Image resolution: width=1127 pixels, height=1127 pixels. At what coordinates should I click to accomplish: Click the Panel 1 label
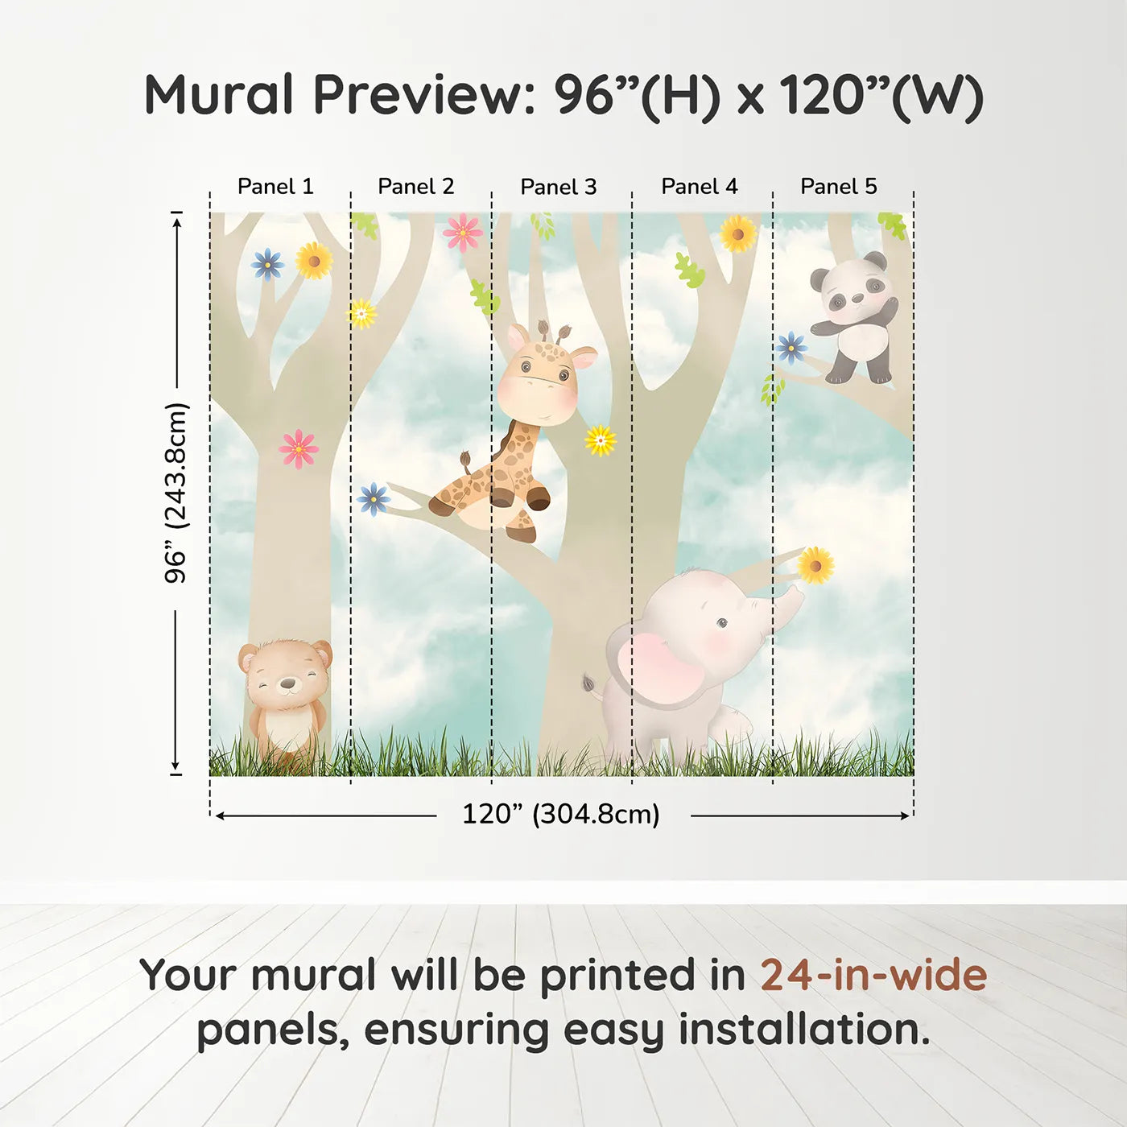click(x=275, y=187)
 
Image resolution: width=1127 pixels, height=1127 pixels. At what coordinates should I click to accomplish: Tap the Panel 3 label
click(x=559, y=188)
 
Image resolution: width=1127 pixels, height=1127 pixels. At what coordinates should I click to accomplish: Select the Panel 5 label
click(x=839, y=187)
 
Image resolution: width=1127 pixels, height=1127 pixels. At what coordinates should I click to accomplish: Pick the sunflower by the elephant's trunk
click(x=815, y=565)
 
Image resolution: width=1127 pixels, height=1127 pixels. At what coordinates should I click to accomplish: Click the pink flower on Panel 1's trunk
click(x=299, y=448)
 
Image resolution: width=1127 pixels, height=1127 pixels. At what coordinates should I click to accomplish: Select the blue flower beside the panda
click(x=791, y=348)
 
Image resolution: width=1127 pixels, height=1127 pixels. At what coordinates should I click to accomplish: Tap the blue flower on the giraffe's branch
click(x=374, y=499)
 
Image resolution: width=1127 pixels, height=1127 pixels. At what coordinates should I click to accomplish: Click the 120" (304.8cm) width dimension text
click(x=561, y=815)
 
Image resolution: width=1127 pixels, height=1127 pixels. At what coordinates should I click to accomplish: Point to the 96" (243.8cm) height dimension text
click(x=176, y=493)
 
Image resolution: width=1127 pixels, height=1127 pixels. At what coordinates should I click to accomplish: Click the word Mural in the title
click(x=219, y=95)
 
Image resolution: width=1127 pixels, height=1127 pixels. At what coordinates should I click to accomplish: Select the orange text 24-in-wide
click(x=873, y=976)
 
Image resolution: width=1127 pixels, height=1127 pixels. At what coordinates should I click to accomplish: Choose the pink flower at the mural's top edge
click(x=463, y=232)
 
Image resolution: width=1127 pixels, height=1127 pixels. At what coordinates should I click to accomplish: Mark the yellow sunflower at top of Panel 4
click(x=737, y=234)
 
